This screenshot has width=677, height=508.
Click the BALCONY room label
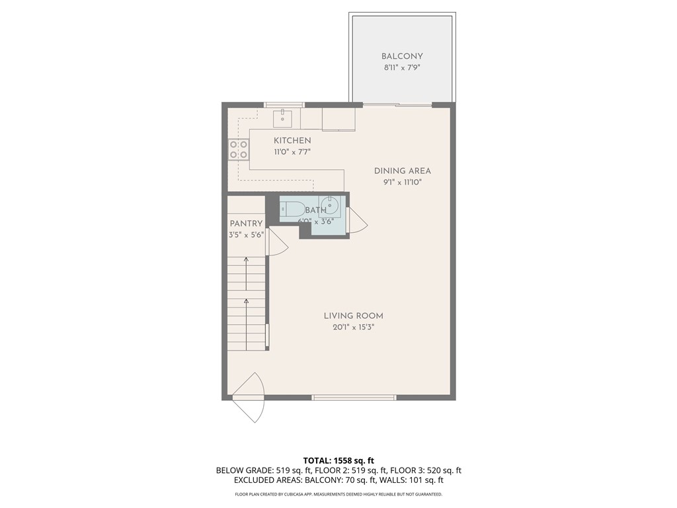[x=402, y=57]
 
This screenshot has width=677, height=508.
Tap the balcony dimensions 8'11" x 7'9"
[x=402, y=68]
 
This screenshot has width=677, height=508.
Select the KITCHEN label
[x=292, y=141]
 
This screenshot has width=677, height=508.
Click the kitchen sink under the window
[x=283, y=119]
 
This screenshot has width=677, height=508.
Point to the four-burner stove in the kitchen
[x=239, y=149]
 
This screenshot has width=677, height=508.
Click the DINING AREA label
[x=402, y=171]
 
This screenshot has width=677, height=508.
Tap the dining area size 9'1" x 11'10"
[x=402, y=182]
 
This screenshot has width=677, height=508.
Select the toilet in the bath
[x=291, y=209]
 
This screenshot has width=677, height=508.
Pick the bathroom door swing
[x=357, y=220]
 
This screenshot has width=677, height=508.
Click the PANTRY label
[x=246, y=224]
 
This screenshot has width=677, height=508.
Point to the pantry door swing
[x=276, y=246]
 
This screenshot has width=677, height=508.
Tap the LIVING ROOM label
[x=353, y=316]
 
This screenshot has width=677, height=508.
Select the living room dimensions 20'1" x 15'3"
[x=353, y=327]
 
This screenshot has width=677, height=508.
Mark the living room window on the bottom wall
[x=354, y=398]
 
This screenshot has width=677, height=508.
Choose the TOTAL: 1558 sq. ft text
[x=338, y=460]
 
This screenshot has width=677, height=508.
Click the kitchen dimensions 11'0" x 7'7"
[x=292, y=152]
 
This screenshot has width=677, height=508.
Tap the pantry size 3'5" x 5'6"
[x=246, y=235]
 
